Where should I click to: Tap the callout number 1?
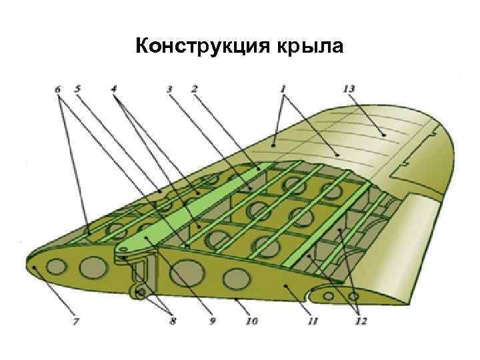[x=283, y=87]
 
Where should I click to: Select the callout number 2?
[x=194, y=88]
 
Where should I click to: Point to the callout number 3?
[x=169, y=88]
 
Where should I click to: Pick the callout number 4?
[x=114, y=87]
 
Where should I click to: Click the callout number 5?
[x=77, y=87]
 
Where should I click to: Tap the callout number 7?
[x=76, y=322]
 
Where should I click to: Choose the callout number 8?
[x=173, y=322]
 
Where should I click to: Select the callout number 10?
[x=252, y=322]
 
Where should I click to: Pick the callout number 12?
[x=360, y=322]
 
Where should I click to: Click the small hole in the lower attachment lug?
[x=141, y=293]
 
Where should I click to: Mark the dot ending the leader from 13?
[x=385, y=135]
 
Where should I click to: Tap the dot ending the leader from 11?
[x=285, y=285]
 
